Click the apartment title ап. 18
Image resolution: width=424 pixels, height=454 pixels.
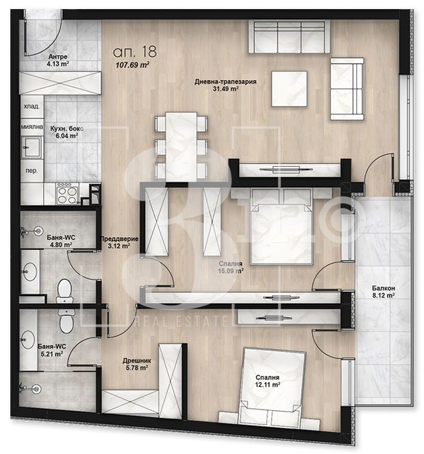click(x=134, y=51)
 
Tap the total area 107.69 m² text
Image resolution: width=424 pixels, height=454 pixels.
click(x=133, y=65)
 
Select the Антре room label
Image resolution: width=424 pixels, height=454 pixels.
click(x=58, y=57)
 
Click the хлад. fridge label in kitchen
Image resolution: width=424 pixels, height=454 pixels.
click(x=31, y=106)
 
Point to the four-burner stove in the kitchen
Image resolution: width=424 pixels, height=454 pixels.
click(x=68, y=193)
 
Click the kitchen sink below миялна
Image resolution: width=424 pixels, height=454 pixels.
click(x=31, y=147)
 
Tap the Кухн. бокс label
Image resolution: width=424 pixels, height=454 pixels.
click(x=67, y=128)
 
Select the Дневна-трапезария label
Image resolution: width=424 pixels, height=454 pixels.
click(x=225, y=82)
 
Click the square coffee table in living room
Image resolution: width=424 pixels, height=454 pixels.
click(x=289, y=89)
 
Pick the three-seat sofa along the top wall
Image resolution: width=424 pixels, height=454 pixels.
click(x=289, y=37)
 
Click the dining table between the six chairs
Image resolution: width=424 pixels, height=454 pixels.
click(x=181, y=147)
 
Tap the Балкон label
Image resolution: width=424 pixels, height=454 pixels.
click(x=383, y=288)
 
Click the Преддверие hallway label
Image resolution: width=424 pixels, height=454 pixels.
click(x=119, y=239)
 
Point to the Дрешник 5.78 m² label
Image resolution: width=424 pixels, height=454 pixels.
click(x=137, y=365)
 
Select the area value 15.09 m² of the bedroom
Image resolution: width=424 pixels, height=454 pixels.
click(x=231, y=271)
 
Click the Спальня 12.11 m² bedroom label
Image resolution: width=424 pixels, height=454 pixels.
click(x=267, y=381)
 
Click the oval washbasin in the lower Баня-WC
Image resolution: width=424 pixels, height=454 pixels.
click(x=28, y=340)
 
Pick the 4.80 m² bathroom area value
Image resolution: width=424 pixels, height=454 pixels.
click(x=61, y=245)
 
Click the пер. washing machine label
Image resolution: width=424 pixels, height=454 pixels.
click(x=31, y=170)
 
